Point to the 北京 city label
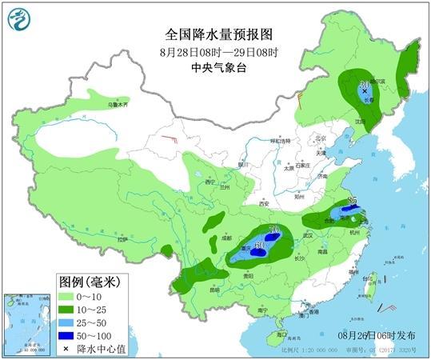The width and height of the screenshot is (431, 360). click(320, 137)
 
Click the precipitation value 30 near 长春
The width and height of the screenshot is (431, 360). click(364, 83)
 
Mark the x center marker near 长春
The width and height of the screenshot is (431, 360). click(365, 92)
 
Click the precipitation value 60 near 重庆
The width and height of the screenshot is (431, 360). click(259, 244)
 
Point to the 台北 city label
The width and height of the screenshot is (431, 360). click(370, 278)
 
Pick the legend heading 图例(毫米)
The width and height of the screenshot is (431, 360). click(89, 282)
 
